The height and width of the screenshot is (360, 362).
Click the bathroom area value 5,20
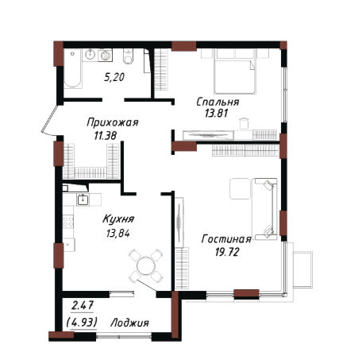114,77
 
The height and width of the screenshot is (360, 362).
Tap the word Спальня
218,102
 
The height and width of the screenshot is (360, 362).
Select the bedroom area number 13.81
216,114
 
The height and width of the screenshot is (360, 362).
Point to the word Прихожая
113,122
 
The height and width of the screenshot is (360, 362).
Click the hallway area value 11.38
106,136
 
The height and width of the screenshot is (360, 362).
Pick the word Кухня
118,219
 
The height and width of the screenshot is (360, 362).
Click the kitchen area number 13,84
118,234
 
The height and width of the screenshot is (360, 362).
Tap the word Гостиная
226,239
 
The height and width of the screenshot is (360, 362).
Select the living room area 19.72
227,252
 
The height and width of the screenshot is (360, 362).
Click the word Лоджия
129,323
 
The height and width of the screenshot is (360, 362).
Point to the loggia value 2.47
83,306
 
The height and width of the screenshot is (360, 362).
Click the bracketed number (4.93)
82,323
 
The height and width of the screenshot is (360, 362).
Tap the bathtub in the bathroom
72,68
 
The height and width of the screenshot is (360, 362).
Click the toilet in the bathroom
128,56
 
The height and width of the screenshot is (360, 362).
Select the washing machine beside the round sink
106,55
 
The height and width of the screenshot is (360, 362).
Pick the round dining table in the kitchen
146,265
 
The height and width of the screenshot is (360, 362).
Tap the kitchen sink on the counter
83,199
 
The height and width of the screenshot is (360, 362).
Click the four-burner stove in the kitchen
68,222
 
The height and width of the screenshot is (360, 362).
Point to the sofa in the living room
265,209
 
